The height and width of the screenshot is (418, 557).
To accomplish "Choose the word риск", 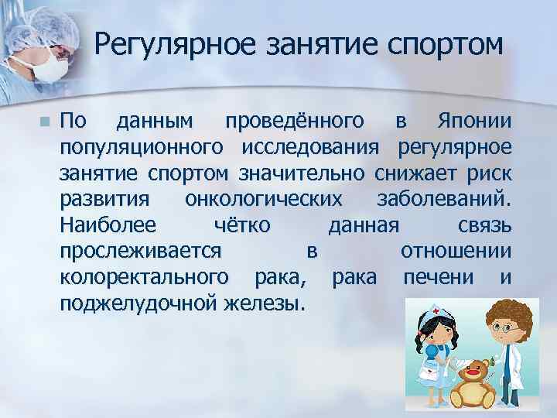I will (x=487, y=173).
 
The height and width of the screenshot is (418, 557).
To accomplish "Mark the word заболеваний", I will (x=443, y=199).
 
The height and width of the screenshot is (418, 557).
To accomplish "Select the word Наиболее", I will (x=108, y=224).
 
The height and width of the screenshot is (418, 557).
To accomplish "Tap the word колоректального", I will (x=144, y=276).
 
